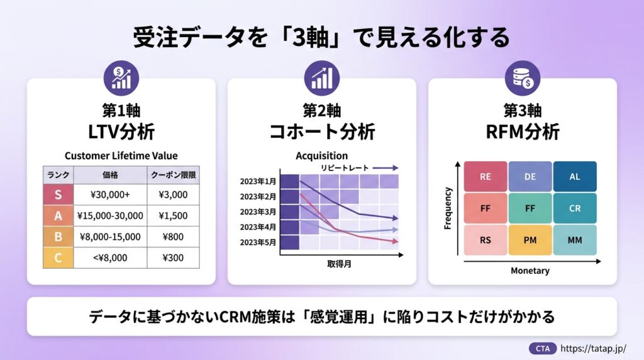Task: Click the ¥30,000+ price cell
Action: [110, 194]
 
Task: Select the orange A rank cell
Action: [58, 216]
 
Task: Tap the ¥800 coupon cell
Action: [173, 237]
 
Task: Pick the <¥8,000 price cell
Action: [110, 257]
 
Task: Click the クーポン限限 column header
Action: [173, 175]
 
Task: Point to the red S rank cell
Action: [58, 194]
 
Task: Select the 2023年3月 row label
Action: [258, 212]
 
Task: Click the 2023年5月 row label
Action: [258, 242]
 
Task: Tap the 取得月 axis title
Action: [339, 264]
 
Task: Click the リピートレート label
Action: [345, 168]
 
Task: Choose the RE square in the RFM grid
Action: [486, 177]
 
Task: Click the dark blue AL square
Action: [575, 177]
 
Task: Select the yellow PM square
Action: [530, 240]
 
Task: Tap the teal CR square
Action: [575, 208]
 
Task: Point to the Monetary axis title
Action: [530, 271]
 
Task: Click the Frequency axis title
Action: [448, 208]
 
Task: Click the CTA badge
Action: [543, 349]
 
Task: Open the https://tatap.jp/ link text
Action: [593, 349]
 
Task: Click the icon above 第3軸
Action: [523, 78]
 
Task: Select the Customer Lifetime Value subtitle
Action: [121, 155]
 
